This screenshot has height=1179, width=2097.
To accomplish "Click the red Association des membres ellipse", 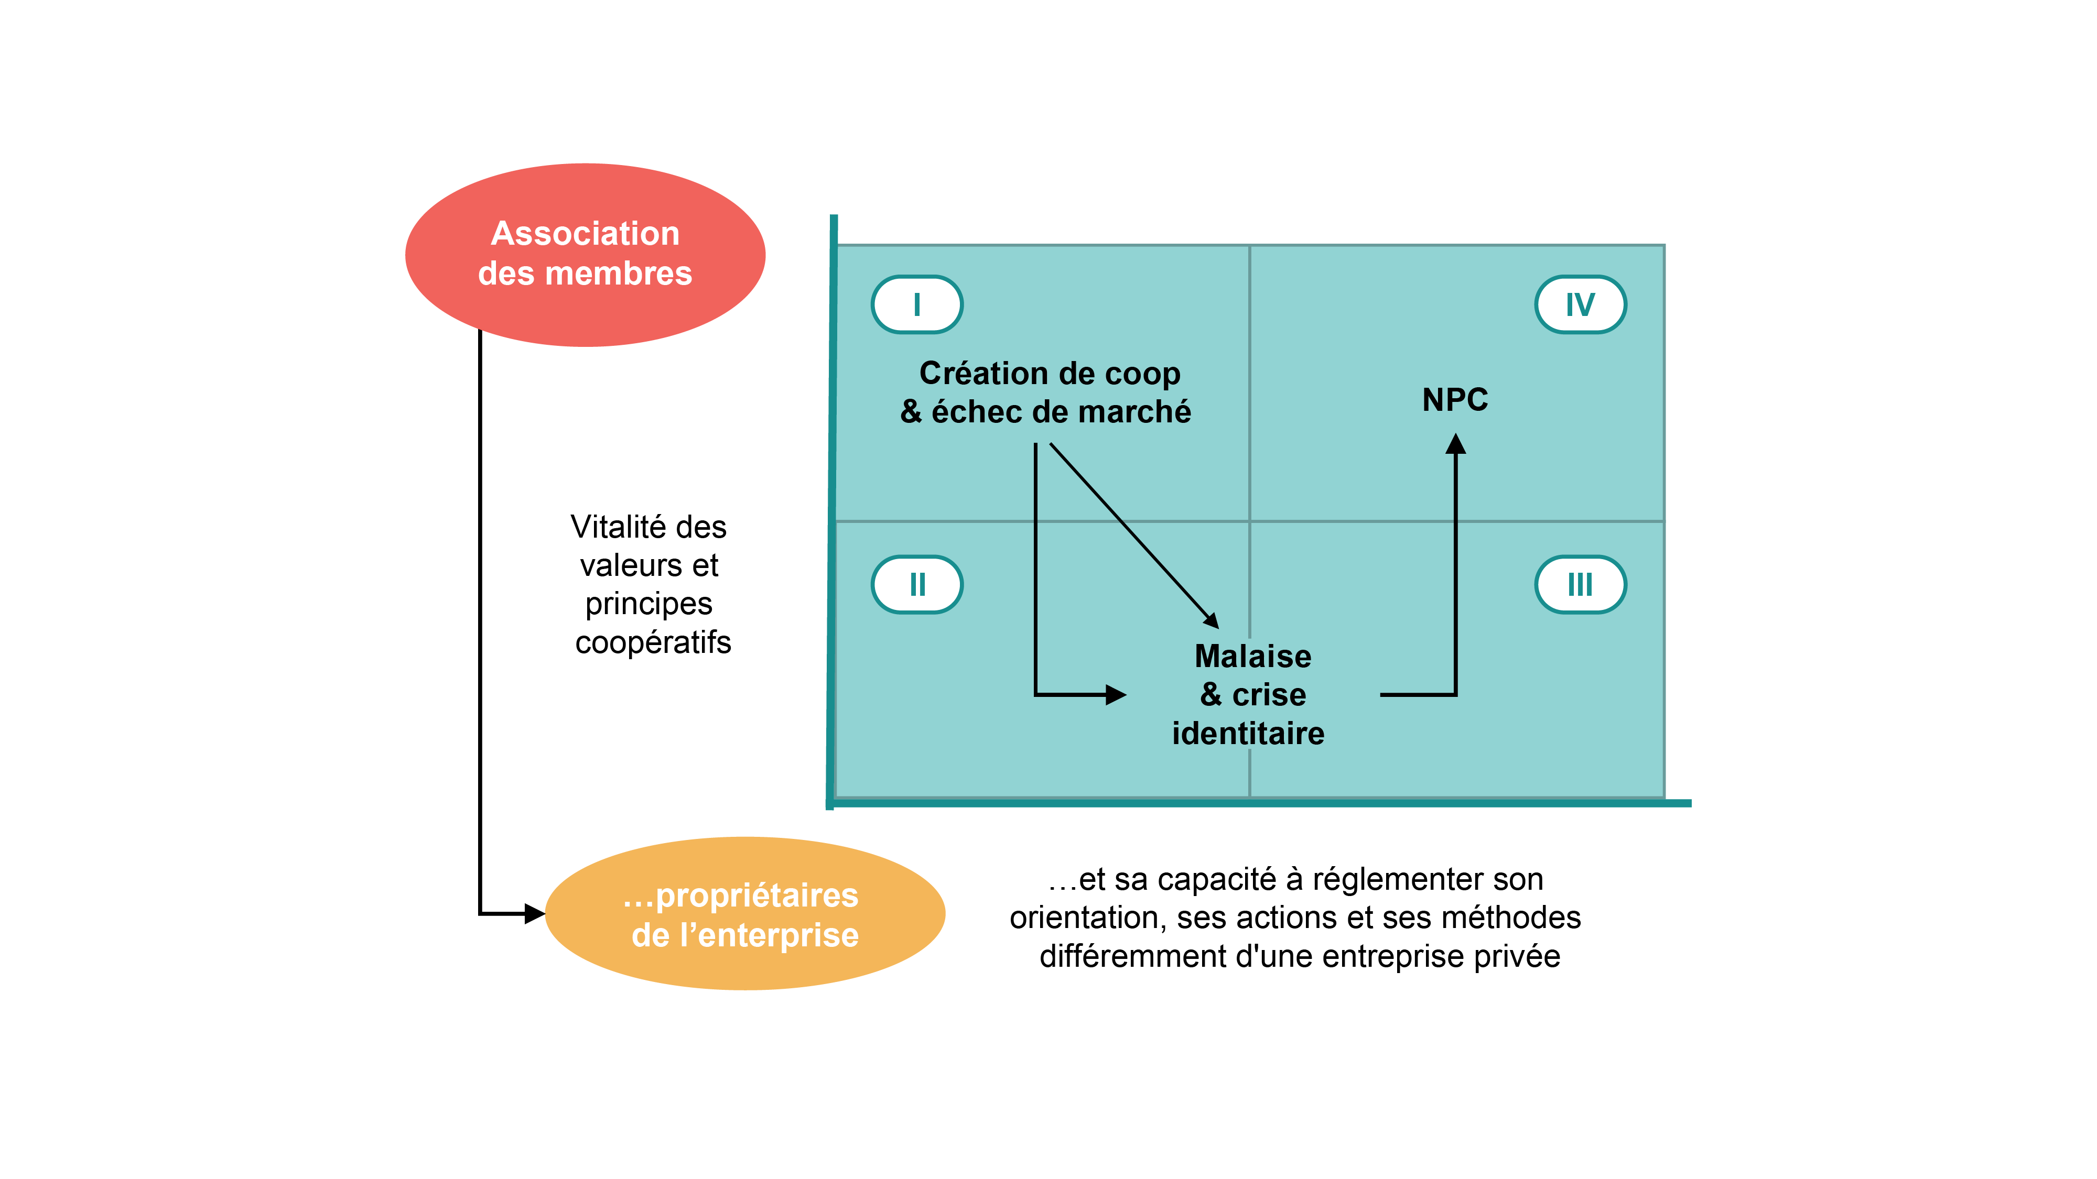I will pyautogui.click(x=585, y=255).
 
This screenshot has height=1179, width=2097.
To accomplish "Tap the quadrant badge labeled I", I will pyautogui.click(x=916, y=304).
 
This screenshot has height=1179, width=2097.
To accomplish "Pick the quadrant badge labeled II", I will pyautogui.click(x=916, y=584).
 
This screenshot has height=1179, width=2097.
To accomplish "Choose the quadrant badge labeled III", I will pyautogui.click(x=1580, y=584).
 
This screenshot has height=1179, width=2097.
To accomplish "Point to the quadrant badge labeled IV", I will pyautogui.click(x=1580, y=304).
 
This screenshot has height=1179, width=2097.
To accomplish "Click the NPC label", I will pyautogui.click(x=1455, y=399).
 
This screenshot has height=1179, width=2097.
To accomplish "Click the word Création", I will pyautogui.click(x=982, y=374).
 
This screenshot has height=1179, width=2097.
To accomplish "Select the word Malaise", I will pyautogui.click(x=1253, y=656).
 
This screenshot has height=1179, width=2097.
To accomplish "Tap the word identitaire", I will pyautogui.click(x=1248, y=733).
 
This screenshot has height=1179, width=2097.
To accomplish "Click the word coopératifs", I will pyautogui.click(x=653, y=642).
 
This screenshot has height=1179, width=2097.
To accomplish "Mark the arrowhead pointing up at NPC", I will pyautogui.click(x=1455, y=444).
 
